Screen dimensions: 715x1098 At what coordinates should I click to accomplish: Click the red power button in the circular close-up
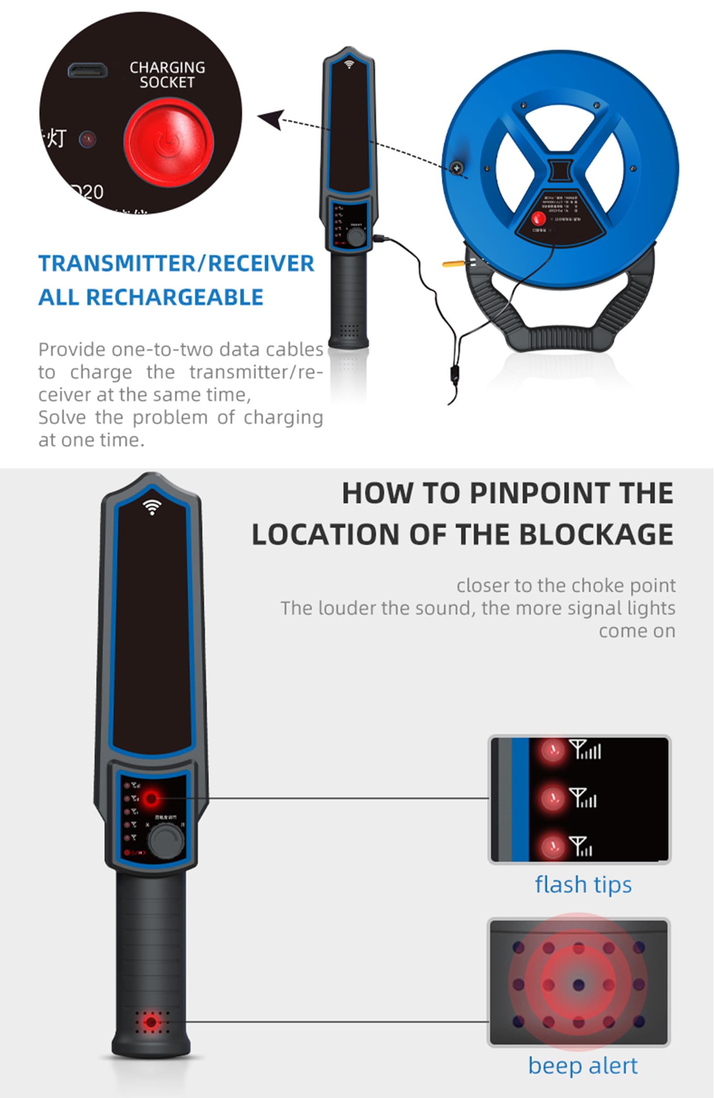(x=168, y=142)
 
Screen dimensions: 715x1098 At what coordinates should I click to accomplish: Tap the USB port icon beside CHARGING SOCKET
(x=88, y=70)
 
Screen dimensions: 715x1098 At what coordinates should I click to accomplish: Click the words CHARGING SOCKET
(x=168, y=75)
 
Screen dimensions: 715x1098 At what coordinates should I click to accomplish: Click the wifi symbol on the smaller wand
(x=349, y=63)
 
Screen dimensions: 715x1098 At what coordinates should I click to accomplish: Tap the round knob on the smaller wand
(x=356, y=237)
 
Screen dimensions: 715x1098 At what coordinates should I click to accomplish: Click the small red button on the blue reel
(x=538, y=218)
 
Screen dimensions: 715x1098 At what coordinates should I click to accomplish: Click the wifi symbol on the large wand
(x=152, y=507)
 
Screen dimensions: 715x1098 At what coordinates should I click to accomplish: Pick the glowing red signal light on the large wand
(x=151, y=798)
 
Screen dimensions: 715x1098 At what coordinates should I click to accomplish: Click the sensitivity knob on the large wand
(x=166, y=841)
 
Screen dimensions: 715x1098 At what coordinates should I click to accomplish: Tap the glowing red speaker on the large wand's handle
(x=151, y=1023)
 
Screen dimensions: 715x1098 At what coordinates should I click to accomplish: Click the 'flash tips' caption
(x=583, y=885)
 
